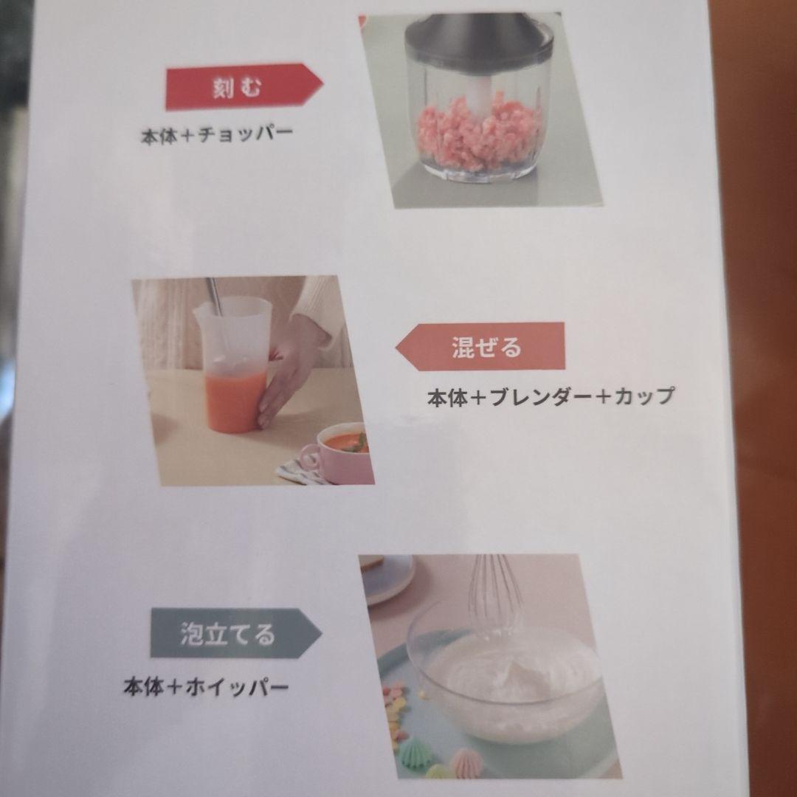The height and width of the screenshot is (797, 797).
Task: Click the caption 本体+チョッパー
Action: [217, 134]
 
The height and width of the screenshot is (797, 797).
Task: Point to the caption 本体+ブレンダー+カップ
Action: [551, 396]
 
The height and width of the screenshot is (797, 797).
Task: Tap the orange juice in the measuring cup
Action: [235, 398]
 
